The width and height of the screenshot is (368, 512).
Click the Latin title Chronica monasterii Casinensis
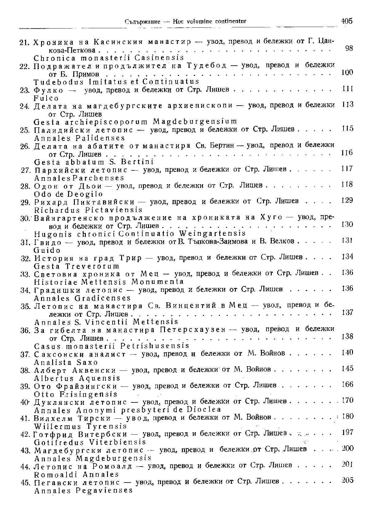pos(109,57)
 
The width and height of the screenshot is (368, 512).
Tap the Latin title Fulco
pos(46,98)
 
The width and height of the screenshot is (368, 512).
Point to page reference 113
pos(347,104)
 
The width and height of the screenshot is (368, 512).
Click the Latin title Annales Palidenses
pos(80,138)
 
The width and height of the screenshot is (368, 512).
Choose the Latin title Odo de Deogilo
pos(68,194)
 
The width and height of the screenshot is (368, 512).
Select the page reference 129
pos(347,200)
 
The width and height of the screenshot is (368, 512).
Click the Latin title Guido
pos(47,250)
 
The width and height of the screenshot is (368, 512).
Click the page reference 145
pos(347,368)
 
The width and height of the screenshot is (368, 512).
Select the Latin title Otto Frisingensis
pos(76,394)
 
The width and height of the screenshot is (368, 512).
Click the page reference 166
pos(347,384)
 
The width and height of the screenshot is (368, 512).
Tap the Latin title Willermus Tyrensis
pos(80,426)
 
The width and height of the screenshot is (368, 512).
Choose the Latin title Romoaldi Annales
pos(76,474)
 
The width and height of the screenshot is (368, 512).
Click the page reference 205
pos(347,480)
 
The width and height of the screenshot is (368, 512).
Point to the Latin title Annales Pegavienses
pos(84,491)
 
